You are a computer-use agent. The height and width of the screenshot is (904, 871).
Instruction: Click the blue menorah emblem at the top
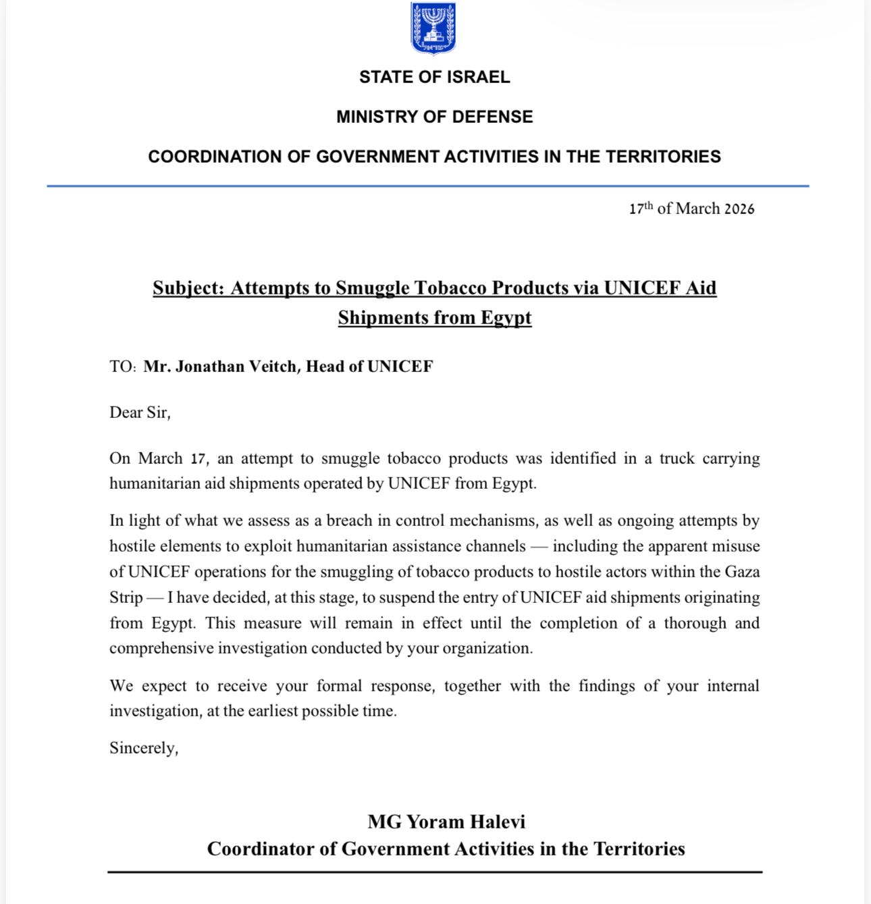(433, 28)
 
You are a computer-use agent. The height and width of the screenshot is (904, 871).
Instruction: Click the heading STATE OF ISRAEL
(434, 77)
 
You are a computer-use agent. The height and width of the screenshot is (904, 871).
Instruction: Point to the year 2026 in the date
(739, 209)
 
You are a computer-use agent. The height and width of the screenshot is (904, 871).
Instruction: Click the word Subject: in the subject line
(188, 288)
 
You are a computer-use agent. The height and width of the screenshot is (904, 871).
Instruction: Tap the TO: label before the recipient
(123, 367)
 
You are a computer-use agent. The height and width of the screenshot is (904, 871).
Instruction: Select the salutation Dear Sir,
(140, 413)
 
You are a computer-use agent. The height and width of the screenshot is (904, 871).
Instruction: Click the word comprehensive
(157, 648)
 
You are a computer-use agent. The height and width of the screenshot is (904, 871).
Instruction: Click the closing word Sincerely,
(144, 748)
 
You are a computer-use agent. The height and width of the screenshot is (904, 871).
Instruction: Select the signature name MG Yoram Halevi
(446, 822)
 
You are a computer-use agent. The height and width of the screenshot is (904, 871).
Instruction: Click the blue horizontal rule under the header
(428, 186)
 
